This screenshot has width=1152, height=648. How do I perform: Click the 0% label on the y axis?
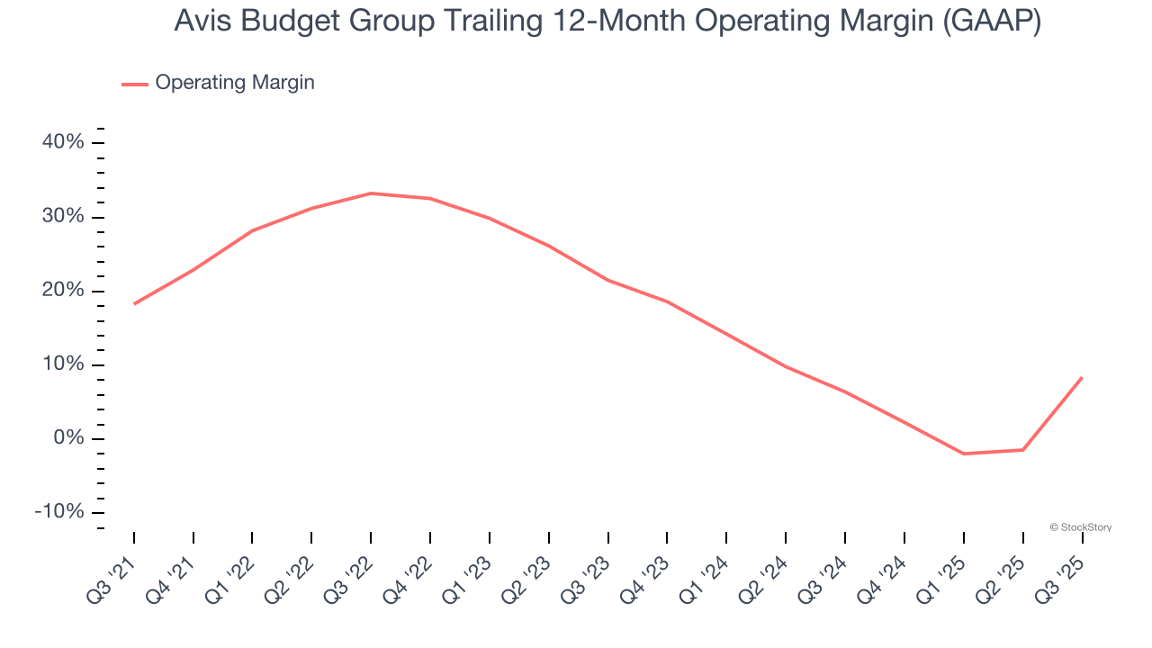pos(68,438)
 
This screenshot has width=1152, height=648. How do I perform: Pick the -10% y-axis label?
pos(59,512)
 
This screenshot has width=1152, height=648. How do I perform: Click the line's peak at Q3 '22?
pos(371,193)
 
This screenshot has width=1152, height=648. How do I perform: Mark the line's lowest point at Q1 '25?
pos(964,454)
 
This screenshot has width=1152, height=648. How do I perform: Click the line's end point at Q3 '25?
pos(1082,378)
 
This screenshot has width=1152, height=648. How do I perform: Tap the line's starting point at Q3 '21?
pos(134,303)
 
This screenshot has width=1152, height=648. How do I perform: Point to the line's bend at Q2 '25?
pos(1022,450)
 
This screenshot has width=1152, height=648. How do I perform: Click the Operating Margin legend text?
pos(235,83)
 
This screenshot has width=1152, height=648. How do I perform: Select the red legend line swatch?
pos(135,84)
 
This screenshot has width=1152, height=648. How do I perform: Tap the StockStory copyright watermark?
pos(1081,527)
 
